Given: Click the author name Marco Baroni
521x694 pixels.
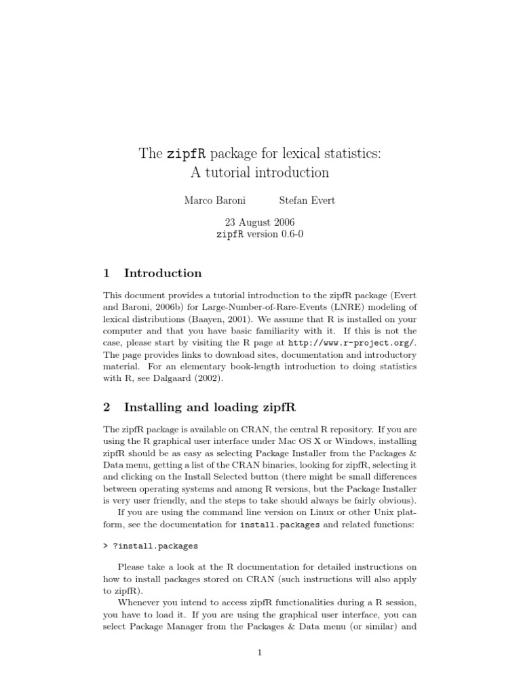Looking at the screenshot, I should click(214, 201).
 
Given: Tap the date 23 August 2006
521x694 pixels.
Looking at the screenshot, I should click(260, 222).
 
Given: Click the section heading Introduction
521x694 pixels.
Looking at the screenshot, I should click(163, 273).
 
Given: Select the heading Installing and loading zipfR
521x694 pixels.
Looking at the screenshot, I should click(210, 407).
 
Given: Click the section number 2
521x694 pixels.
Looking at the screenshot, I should click(107, 407).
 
